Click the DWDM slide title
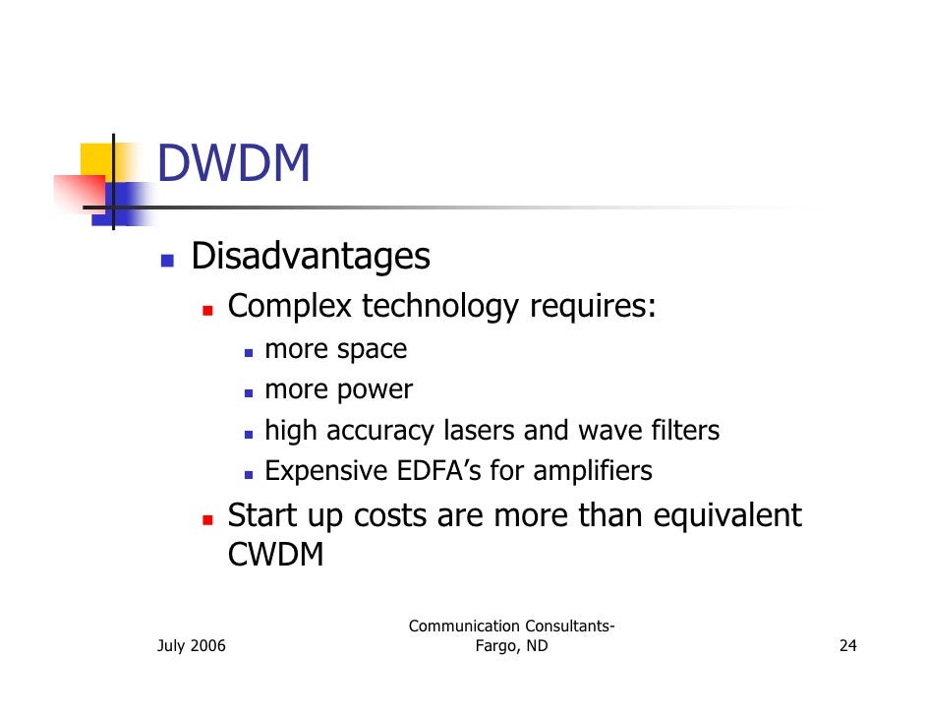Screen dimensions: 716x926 233,163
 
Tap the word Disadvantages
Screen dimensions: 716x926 310,258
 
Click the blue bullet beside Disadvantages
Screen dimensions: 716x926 167,261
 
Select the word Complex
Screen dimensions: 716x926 289,307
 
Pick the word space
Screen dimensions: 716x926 372,350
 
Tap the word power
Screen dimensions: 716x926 375,390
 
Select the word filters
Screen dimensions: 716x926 685,431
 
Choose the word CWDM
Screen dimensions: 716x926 275,556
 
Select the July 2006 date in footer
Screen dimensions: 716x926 191,647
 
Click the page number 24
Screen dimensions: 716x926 847,647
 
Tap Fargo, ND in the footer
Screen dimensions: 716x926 511,647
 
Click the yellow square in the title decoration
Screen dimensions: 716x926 95,159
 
